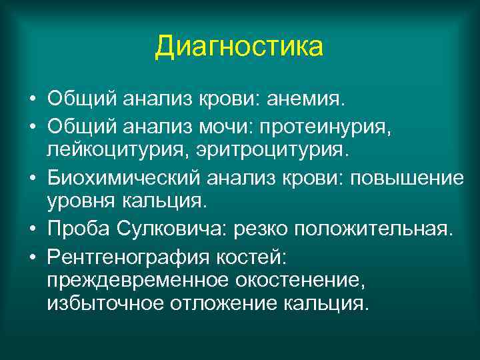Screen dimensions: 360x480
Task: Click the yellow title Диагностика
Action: (x=239, y=47)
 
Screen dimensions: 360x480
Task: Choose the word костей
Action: (x=234, y=255)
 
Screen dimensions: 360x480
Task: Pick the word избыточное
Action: (x=98, y=306)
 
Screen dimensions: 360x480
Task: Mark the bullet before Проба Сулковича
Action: (x=32, y=230)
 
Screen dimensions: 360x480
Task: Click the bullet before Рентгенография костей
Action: (x=32, y=256)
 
